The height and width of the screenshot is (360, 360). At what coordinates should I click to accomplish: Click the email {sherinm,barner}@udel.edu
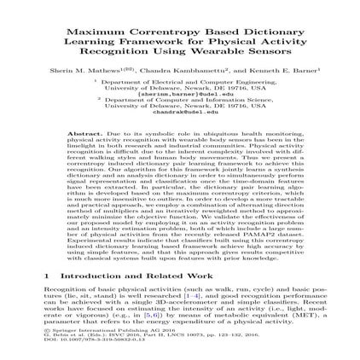pos(180,93)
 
